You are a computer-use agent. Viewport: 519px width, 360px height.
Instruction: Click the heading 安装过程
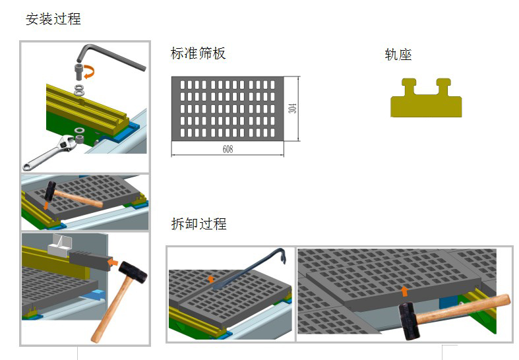[x=53, y=19]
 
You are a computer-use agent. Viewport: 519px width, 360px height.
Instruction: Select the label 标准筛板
[x=198, y=54]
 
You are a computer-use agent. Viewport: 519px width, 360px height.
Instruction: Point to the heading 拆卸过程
[x=198, y=224]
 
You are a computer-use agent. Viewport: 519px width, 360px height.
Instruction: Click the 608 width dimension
[x=228, y=150]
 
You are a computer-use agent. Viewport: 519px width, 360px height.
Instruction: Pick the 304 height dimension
[x=293, y=108]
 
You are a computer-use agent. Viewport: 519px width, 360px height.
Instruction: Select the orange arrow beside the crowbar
[x=211, y=279]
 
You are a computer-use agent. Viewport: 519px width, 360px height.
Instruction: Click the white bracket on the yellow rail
[x=59, y=245]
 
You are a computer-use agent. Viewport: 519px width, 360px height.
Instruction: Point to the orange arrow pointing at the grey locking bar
[x=114, y=262]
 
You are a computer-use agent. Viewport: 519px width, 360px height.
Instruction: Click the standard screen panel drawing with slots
[x=228, y=108]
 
